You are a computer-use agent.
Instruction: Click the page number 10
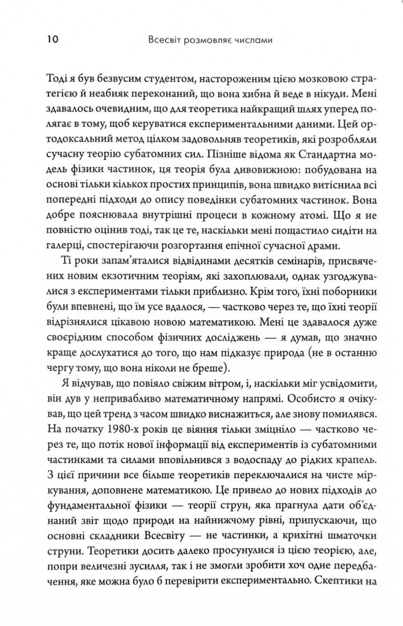tap(52, 40)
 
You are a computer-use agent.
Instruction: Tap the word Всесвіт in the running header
tap(164, 40)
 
